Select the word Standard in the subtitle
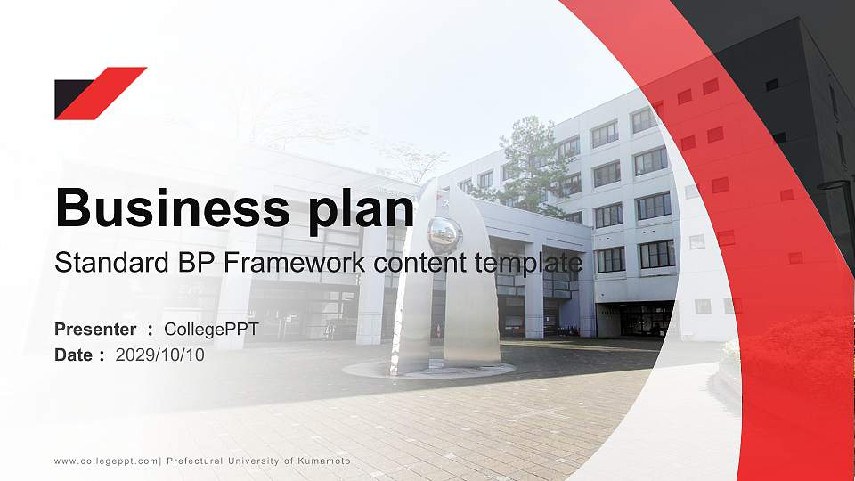point(112,262)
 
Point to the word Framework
point(294,262)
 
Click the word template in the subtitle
point(528,265)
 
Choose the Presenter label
point(95,329)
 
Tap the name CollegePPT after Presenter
point(211,330)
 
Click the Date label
point(74,355)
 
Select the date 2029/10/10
point(159,355)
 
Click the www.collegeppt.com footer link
point(106,461)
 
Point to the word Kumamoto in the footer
point(324,461)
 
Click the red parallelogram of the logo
point(102,94)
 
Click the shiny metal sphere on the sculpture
point(444,235)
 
